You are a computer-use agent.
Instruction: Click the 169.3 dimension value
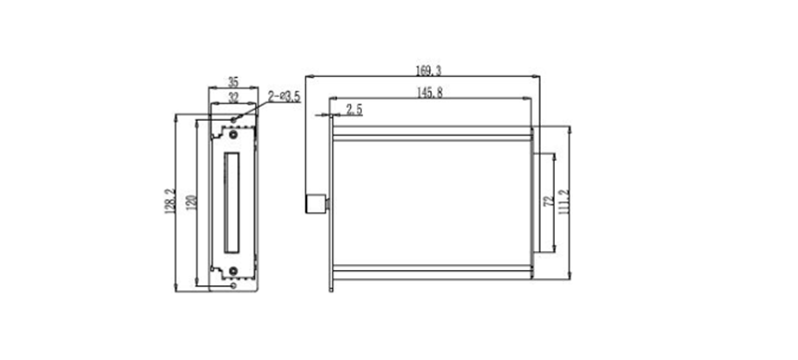tap(428, 71)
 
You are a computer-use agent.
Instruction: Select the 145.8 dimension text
tap(430, 93)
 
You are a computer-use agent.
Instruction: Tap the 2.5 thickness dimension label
tap(354, 110)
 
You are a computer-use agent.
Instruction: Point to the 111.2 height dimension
tap(564, 201)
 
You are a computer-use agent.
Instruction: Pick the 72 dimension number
tap(549, 200)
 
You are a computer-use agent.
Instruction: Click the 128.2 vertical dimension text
tap(170, 200)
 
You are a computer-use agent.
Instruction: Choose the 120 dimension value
tap(192, 202)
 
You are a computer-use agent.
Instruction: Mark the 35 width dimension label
tap(233, 82)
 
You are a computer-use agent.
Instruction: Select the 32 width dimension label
tap(233, 97)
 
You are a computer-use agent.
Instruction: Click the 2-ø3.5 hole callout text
tap(284, 96)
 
